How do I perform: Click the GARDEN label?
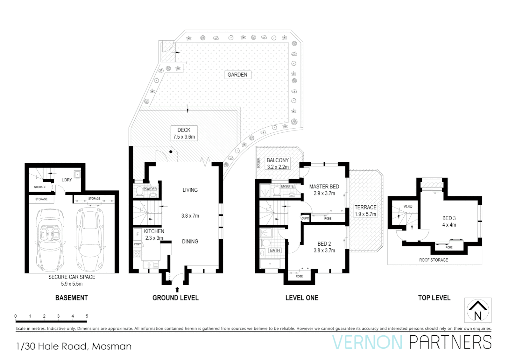point(237,75)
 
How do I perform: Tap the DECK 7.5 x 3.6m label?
point(184,133)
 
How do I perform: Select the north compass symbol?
point(478,310)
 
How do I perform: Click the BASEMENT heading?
point(71,298)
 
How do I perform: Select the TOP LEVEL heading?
point(434,298)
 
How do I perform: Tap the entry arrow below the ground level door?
point(177,289)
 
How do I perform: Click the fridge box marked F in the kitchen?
point(137,234)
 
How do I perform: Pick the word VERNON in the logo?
point(367,343)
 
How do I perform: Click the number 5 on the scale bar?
point(87,316)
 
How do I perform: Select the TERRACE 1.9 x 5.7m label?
point(365,211)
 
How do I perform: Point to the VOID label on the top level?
point(408,206)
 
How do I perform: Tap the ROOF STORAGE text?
point(433,260)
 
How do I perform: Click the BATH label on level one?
point(275,250)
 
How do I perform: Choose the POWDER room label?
point(150,189)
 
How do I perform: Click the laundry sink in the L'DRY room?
point(77,174)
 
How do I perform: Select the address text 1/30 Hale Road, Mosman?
point(74,346)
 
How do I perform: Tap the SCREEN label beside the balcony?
point(258,163)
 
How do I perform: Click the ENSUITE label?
point(287,186)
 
